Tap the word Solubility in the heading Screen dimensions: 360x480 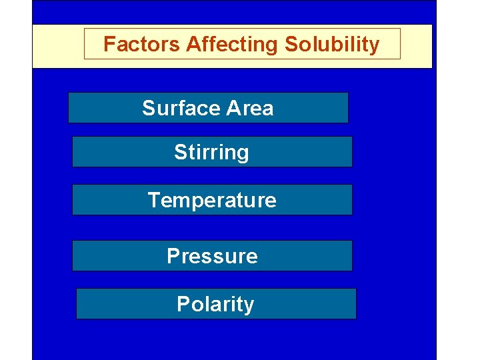pos(332,45)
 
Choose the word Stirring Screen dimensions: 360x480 pos(211,153)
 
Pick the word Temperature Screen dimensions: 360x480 pos(212,200)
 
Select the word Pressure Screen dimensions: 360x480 pos(212,256)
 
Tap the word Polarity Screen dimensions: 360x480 pos(215,304)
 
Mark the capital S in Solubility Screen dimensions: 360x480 pos(291,45)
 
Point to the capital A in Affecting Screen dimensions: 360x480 pos(193,45)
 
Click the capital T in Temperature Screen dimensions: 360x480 pos(154,200)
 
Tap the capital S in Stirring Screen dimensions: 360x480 pos(181,152)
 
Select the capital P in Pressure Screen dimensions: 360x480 pos(173,256)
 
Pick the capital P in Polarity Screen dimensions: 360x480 pos(183,304)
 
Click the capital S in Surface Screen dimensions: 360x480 pos(149,108)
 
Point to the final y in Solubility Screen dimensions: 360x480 pos(374,47)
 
